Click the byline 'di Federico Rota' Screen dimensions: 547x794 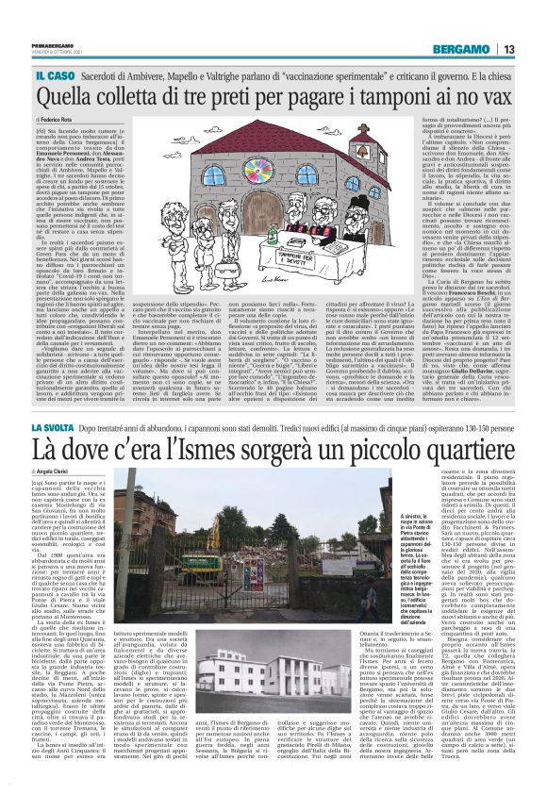(x=59, y=121)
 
